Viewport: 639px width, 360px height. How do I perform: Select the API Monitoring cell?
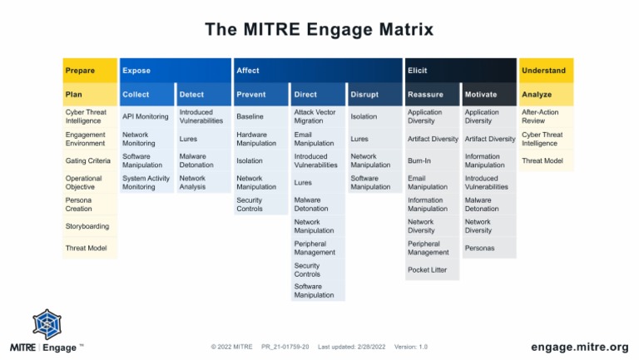coord(146,116)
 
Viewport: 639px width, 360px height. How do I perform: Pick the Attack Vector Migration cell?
coord(316,116)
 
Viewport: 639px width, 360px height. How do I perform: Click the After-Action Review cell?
coord(546,116)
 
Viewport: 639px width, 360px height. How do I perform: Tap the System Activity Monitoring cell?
coord(146,182)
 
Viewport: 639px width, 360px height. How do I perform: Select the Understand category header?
coord(546,71)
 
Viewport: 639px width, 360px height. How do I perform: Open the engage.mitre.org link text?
coord(579,346)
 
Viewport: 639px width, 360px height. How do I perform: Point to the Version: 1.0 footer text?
coord(410,347)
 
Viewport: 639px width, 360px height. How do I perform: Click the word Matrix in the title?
coord(403,30)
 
